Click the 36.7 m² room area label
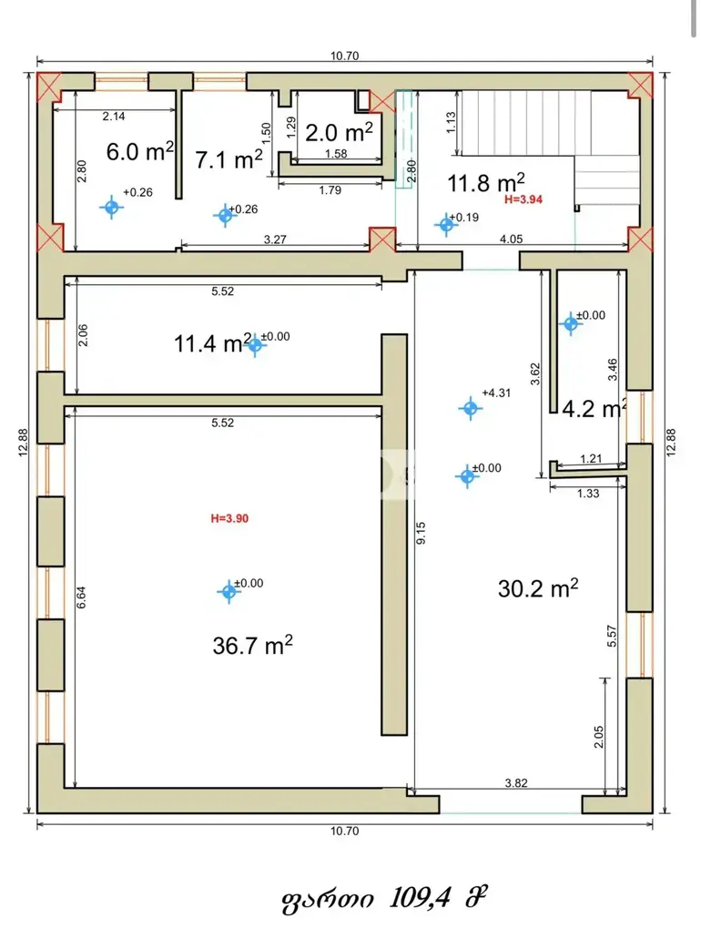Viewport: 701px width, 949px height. coord(253,645)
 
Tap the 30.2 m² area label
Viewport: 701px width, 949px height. coord(538,587)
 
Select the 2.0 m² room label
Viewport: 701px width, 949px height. coord(339,132)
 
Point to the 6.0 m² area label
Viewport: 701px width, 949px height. coord(139,150)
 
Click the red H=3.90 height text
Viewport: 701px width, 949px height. coord(229,518)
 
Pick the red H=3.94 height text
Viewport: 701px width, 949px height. coord(523,199)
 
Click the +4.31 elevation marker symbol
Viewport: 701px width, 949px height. coord(471,409)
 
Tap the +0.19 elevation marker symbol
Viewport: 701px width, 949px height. coord(446,225)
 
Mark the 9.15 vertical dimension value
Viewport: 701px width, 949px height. coord(421,533)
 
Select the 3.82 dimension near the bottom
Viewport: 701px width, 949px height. coord(516,782)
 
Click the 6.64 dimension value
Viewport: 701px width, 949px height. coord(81,597)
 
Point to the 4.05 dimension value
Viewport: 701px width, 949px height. coord(511,239)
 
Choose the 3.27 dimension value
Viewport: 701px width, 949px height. coord(275,240)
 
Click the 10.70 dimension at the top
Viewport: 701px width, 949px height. coord(345,56)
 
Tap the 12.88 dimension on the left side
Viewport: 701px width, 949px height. coord(23,443)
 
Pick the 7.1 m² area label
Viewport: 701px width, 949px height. coord(229,159)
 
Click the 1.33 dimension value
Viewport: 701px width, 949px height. coord(588,494)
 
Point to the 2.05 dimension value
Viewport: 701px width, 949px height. coord(599,737)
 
